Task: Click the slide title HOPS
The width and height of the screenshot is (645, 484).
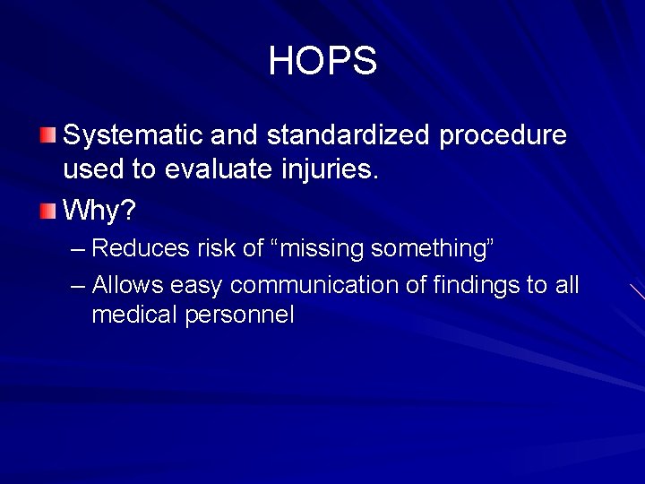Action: pos(322,62)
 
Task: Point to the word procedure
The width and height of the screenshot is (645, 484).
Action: pos(503,135)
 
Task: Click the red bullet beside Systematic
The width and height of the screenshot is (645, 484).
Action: pos(47,136)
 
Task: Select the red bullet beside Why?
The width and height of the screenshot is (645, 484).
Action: pos(47,212)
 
